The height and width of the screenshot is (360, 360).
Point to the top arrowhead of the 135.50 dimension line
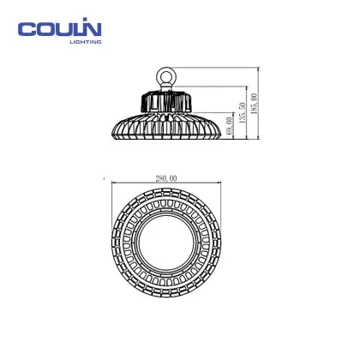241,88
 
